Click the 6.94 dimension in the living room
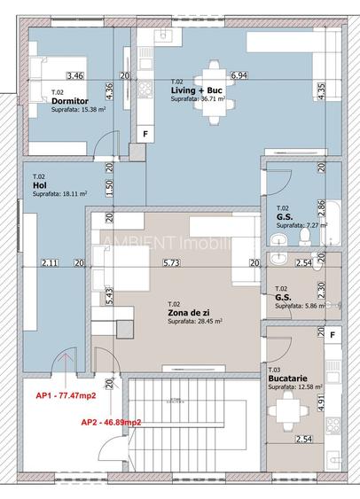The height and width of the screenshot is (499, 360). coord(239,76)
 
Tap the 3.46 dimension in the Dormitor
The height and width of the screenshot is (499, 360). coord(74,76)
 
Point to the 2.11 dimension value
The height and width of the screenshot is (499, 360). coord(49,262)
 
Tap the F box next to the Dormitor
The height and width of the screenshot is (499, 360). coord(145,134)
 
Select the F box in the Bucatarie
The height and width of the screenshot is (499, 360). coord(333,336)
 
